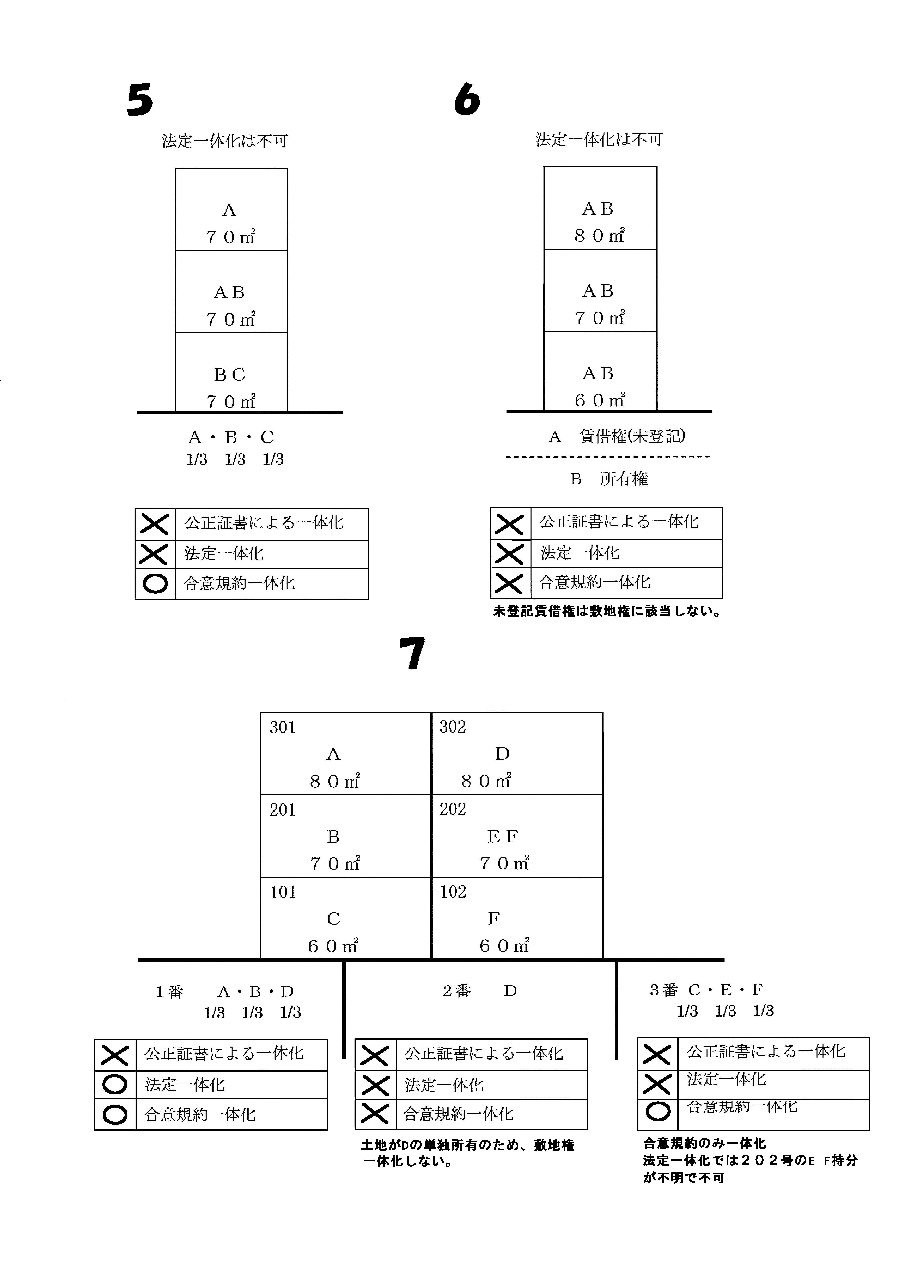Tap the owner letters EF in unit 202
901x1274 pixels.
click(502, 836)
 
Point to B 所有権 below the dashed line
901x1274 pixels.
click(609, 479)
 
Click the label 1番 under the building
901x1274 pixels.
click(169, 992)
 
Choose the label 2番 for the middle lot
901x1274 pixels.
click(457, 991)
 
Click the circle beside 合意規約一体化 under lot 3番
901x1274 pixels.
click(658, 1110)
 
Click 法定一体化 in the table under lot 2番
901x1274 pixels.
click(444, 1085)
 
